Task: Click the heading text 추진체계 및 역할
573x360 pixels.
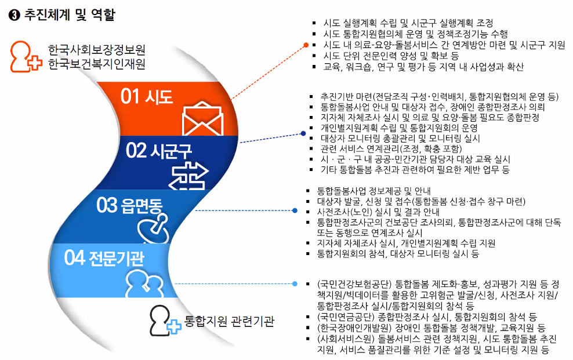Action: coord(70,15)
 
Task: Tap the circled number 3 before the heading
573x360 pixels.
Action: coord(14,15)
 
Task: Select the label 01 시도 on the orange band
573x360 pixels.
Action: coord(147,97)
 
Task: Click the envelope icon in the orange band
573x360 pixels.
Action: coord(202,119)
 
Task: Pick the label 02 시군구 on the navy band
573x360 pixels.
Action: coord(158,151)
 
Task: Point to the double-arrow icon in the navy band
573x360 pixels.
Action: coord(190,176)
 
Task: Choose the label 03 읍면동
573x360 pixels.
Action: coord(129,205)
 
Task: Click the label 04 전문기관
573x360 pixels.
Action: coord(104,258)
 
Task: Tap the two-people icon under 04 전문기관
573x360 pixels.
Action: coord(144,283)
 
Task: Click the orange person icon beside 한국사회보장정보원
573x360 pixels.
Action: coord(26,56)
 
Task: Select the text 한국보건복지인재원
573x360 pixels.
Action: coord(97,64)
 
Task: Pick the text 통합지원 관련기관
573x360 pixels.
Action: coord(229,321)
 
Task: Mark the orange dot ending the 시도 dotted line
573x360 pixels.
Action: coord(306,45)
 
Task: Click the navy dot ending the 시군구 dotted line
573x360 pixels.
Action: coord(303,134)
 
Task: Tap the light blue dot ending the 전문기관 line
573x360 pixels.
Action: coord(295,283)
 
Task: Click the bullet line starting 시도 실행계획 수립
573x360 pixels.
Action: coord(408,23)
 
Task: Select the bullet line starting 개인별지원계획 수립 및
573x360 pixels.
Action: coord(399,128)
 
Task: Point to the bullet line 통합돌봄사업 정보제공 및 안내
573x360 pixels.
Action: coord(374,191)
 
